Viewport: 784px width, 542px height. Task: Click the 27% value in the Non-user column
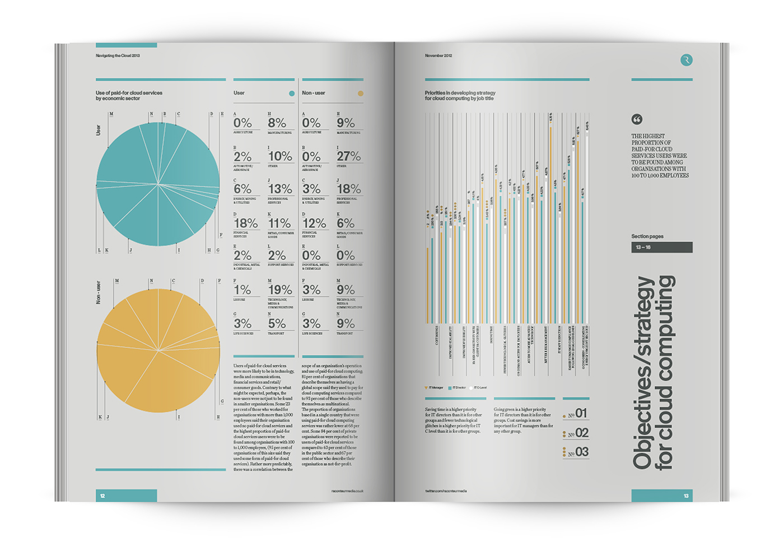[349, 156]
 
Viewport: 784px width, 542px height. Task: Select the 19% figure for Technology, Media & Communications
[280, 289]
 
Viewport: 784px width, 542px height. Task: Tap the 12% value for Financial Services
[314, 223]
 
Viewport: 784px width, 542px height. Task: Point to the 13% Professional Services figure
[280, 189]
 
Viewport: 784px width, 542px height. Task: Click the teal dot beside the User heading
[291, 94]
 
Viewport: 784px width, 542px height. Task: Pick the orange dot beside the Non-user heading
[360, 94]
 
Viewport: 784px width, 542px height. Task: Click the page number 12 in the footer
[102, 496]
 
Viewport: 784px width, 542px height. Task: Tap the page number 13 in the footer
[686, 496]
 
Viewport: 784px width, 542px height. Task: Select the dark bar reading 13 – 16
[661, 247]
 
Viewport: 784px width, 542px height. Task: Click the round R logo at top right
[686, 60]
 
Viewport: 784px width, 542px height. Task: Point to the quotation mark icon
[637, 119]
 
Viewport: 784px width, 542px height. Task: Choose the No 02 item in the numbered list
[577, 433]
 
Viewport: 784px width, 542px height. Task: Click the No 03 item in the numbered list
[577, 452]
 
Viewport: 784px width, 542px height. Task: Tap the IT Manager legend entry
[435, 387]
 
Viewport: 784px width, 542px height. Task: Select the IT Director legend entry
[458, 387]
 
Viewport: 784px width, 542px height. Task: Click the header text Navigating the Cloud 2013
[118, 55]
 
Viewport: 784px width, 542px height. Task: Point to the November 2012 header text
[438, 55]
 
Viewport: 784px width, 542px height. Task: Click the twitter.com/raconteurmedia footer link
[446, 490]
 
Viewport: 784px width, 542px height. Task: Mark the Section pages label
[647, 236]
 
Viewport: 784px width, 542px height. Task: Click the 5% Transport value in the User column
[277, 324]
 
